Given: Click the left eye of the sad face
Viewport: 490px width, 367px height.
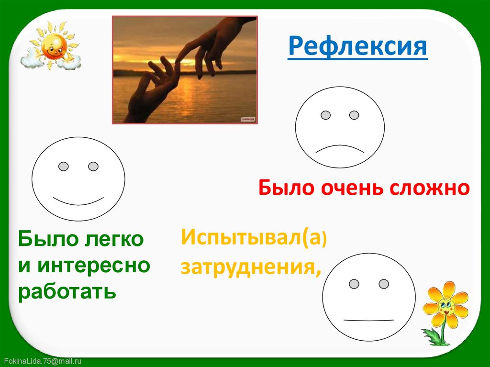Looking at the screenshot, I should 325,115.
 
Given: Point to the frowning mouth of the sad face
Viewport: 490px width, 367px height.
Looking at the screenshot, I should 340,148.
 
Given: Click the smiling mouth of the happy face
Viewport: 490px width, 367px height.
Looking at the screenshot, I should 78,200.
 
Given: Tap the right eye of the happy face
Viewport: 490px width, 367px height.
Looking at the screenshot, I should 93,167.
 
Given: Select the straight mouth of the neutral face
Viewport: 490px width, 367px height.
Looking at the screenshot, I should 368,320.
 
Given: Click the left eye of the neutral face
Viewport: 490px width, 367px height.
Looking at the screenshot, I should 354,284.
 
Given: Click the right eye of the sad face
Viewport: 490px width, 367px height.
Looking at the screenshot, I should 354,115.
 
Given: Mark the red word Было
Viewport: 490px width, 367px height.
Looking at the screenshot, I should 285,188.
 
